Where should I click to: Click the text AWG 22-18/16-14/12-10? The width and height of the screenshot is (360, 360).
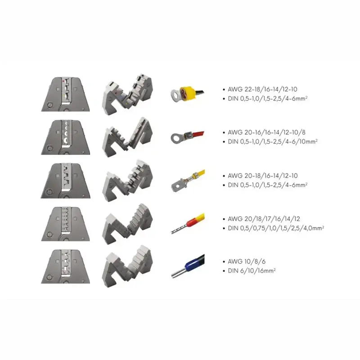tap(262, 89)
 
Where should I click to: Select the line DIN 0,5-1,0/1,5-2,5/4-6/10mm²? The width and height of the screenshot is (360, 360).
tap(273, 141)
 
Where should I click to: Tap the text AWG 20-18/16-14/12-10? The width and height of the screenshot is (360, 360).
tap(263, 175)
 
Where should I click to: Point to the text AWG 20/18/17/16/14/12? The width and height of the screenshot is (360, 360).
tap(264, 219)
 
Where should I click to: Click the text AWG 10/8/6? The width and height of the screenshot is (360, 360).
tap(247, 261)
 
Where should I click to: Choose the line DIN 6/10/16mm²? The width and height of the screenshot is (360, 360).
tap(252, 271)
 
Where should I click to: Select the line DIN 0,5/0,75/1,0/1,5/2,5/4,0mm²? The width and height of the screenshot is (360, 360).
tap(276, 228)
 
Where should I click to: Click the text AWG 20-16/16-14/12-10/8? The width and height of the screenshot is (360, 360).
tap(266, 132)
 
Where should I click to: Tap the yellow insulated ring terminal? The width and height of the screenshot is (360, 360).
tap(184, 94)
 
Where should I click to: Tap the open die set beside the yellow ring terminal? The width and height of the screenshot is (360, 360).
tap(127, 94)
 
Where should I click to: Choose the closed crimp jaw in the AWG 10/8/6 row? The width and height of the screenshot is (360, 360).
tap(65, 266)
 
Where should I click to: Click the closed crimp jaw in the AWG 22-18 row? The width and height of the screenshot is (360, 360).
tap(65, 94)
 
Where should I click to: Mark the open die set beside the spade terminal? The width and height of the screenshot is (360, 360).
tap(127, 181)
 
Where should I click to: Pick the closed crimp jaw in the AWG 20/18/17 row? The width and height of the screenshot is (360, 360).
tap(65, 224)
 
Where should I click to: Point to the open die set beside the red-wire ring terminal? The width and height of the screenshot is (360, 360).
tap(127, 137)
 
